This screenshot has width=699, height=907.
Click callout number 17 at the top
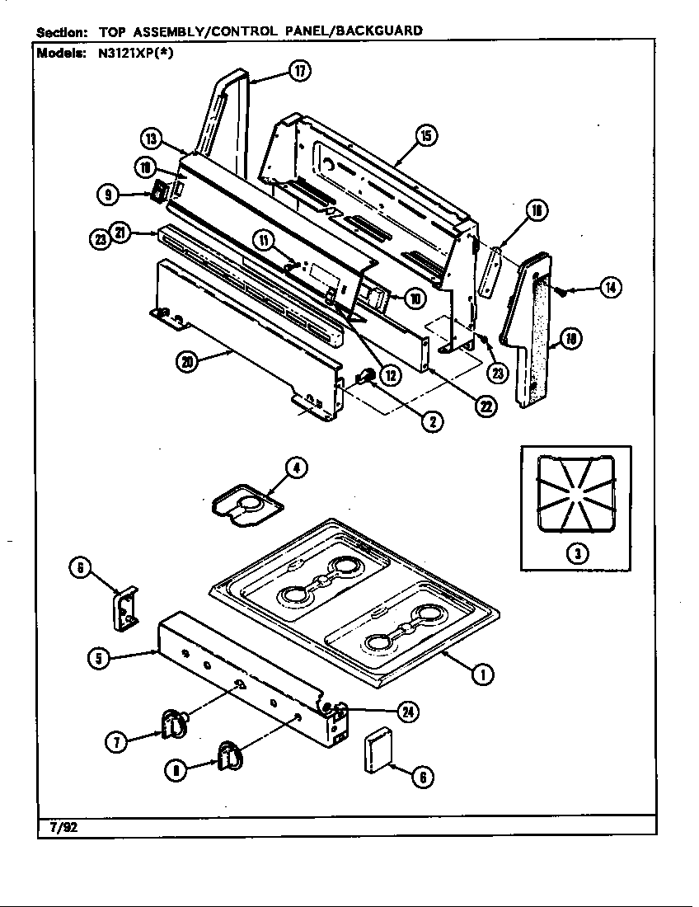click(300, 72)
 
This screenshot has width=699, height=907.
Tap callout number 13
click(151, 138)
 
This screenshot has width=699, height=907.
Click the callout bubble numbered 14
click(610, 288)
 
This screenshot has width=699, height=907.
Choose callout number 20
click(189, 362)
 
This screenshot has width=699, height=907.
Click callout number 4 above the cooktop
click(297, 468)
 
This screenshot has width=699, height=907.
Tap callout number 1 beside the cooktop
click(482, 674)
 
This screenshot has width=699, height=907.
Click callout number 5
click(100, 657)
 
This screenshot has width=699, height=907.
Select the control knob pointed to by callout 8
click(229, 754)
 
